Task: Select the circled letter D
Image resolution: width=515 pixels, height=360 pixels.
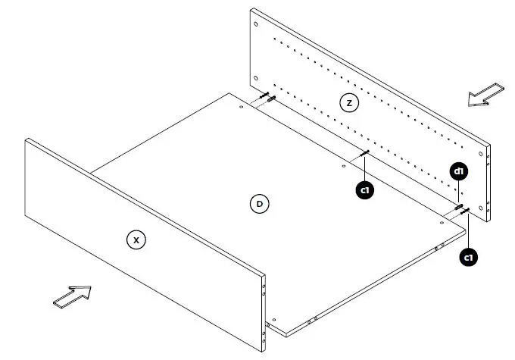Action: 259,203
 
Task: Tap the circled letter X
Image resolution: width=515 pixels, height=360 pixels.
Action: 136,239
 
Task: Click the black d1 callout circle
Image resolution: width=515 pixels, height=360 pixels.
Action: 458,171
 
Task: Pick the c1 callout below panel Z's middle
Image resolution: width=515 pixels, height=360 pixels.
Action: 365,190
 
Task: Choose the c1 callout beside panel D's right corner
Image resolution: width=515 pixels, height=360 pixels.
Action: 470,258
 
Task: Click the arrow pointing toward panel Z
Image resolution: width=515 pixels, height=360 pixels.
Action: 484,95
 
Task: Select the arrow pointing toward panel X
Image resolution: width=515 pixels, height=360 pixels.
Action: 72,296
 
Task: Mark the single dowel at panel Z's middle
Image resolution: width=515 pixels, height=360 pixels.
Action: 364,154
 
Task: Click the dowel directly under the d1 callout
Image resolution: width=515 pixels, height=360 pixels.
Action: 459,205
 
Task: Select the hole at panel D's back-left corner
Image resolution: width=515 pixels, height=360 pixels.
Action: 241,107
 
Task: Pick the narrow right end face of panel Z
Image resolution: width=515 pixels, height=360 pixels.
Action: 489,185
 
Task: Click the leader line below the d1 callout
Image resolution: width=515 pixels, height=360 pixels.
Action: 458,192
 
